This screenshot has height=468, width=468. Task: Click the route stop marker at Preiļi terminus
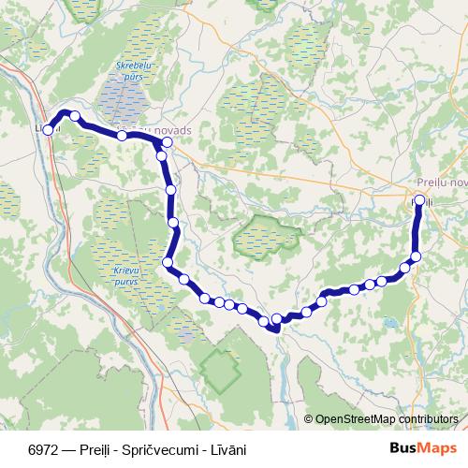(x=418, y=200)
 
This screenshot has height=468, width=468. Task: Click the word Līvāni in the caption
(x=225, y=449)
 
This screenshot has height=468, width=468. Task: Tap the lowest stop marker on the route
(x=275, y=326)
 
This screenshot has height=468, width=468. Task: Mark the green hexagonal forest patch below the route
(x=220, y=373)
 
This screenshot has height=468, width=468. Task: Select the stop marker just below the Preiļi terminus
(x=417, y=256)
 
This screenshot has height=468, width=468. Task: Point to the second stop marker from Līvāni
(x=75, y=117)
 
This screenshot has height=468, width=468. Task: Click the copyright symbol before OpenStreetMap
(x=308, y=419)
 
